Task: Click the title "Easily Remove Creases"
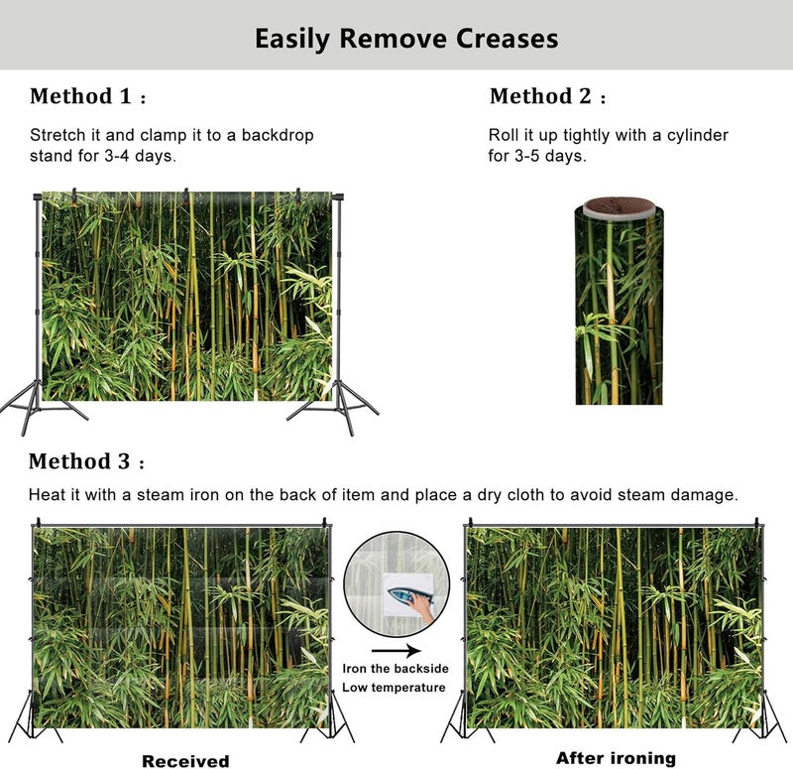pos(406,39)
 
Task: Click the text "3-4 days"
pos(140,156)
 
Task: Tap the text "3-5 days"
pos(550,156)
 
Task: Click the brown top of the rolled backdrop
pos(620,206)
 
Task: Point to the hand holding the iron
pos(422,607)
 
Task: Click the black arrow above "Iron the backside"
pos(396,651)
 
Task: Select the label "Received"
pos(185,761)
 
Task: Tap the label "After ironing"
pos(616,758)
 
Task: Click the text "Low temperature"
pos(394,688)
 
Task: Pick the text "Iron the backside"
pos(396,669)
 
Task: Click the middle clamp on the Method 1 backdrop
pos(186,194)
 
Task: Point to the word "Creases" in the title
pos(508,39)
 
